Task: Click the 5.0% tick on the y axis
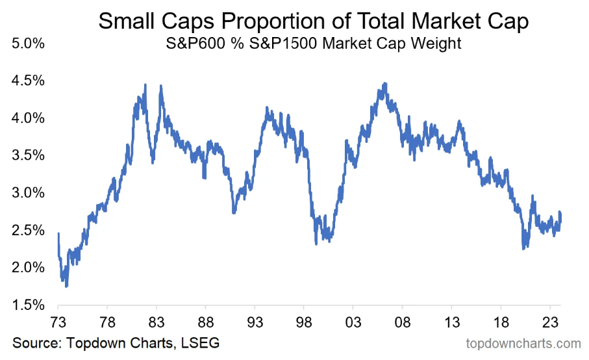[27, 45]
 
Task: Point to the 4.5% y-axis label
[27, 82]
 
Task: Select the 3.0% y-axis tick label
[27, 194]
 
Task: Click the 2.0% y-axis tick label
[27, 268]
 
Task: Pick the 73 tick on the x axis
[58, 320]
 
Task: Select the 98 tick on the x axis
[304, 320]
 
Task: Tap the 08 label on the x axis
[402, 320]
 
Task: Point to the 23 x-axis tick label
[549, 320]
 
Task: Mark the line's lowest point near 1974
[66, 286]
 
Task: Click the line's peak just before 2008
[385, 83]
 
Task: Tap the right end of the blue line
[560, 214]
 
